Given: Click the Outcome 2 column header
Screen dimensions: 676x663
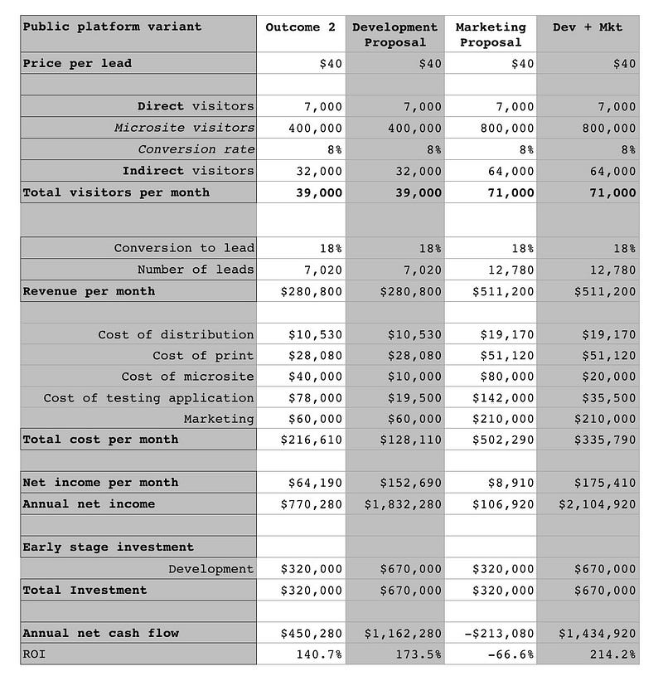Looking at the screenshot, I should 300,27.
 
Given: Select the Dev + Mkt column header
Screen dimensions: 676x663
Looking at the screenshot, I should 587,27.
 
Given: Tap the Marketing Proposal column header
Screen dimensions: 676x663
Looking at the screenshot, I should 491,35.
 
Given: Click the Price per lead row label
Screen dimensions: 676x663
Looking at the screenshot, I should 77,64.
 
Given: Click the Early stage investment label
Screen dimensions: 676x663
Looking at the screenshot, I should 108,547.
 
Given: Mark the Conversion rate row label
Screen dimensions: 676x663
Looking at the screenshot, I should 196,150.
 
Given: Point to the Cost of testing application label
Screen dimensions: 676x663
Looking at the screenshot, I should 148,398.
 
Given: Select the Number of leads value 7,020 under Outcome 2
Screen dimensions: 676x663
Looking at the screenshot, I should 315,270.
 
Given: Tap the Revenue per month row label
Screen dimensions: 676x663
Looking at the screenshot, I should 89,292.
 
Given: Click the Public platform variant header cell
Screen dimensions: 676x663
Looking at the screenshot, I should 112,27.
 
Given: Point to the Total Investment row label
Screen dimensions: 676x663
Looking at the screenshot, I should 85,591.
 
